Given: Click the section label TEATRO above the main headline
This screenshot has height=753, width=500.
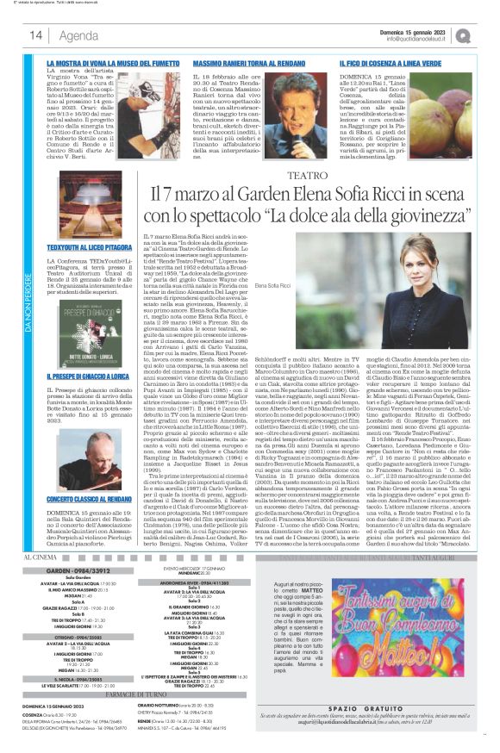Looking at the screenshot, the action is click(311, 174).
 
